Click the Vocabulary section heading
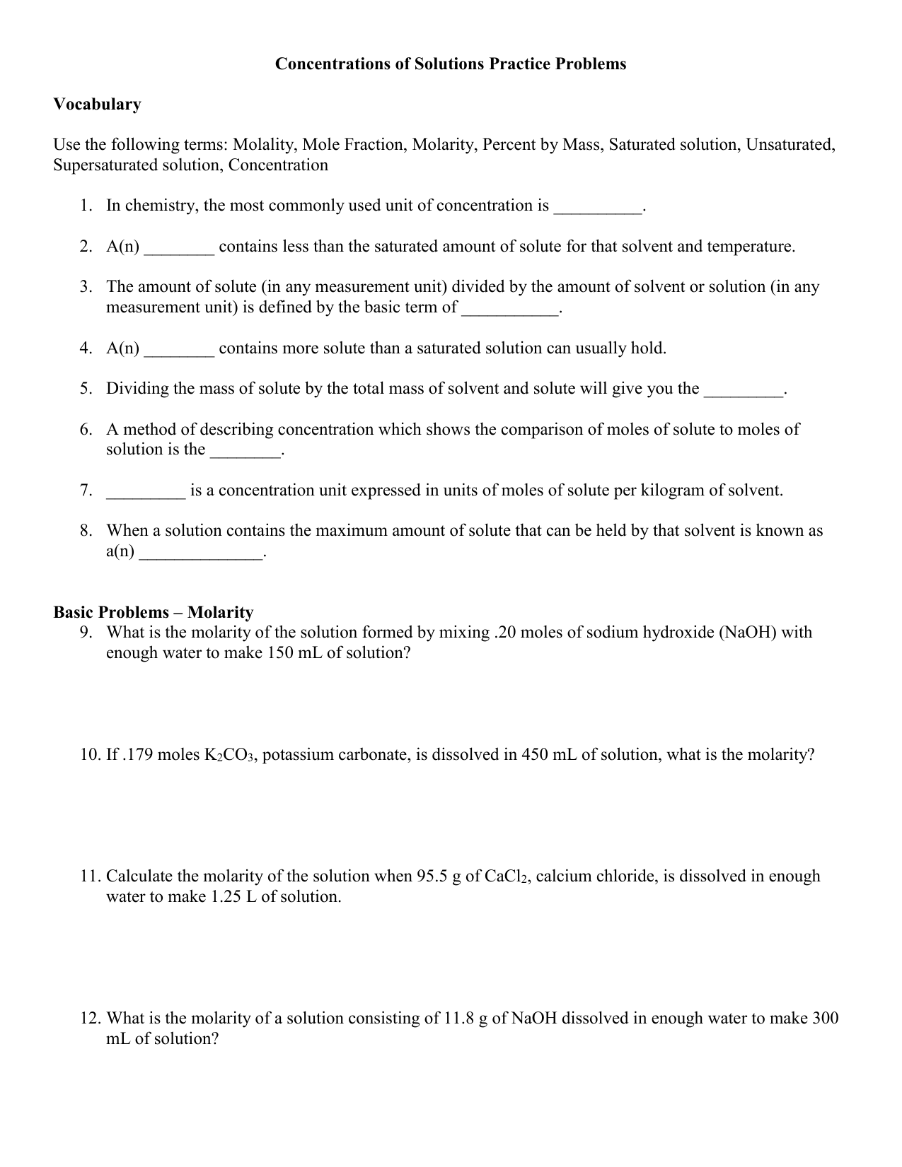coord(97,105)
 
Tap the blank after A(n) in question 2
coord(179,248)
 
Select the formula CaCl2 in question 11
coord(507,877)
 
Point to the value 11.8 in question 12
coord(458,1019)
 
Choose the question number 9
coord(86,633)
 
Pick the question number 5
coord(86,389)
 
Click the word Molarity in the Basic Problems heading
coord(220,613)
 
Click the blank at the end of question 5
coord(744,390)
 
